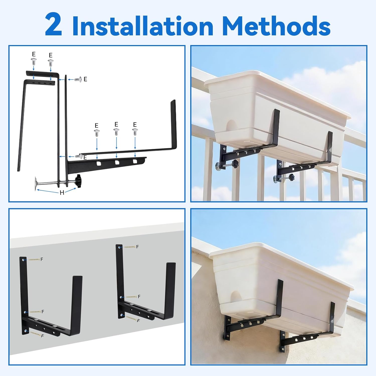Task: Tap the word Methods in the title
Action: click(x=276, y=26)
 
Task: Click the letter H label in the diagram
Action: click(x=62, y=193)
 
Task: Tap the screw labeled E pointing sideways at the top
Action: click(x=78, y=79)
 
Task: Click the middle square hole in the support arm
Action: click(x=117, y=163)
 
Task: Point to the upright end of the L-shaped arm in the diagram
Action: click(x=173, y=123)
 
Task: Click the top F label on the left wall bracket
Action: click(x=42, y=259)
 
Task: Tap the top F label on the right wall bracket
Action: click(x=137, y=247)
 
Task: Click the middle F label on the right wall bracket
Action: click(x=139, y=297)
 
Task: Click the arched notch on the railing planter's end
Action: click(x=231, y=126)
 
